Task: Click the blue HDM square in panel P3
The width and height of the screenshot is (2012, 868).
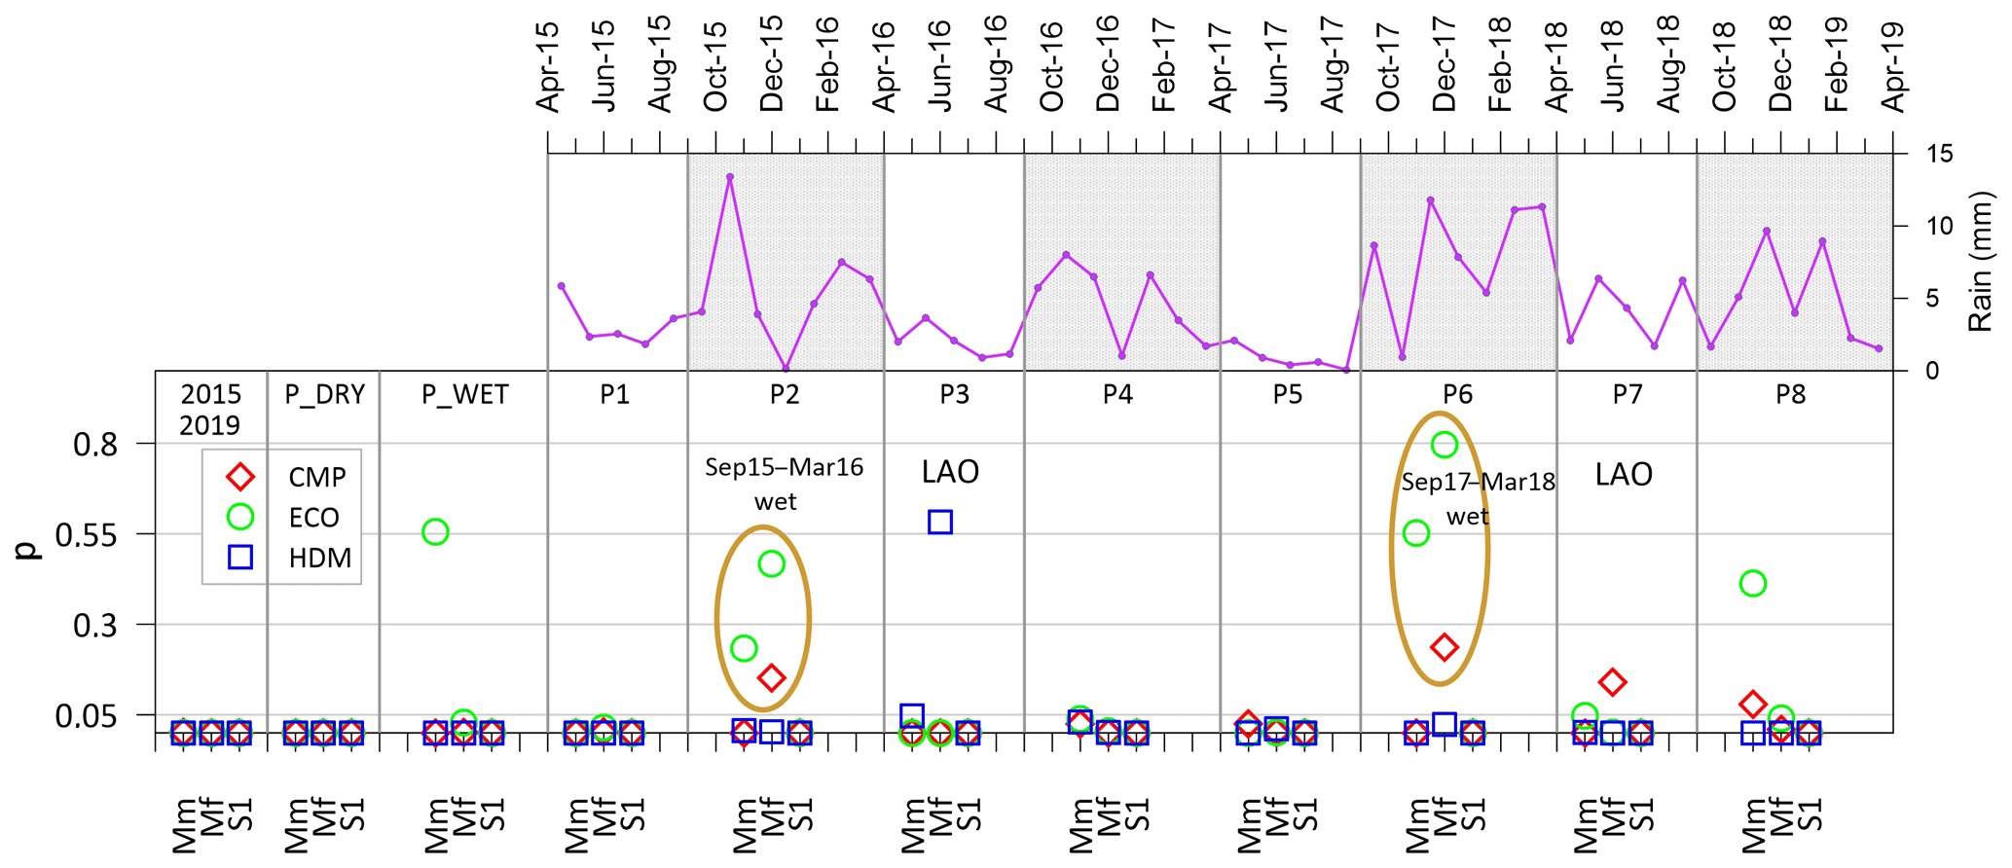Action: (939, 522)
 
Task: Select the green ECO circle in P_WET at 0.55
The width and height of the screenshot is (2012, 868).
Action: (435, 532)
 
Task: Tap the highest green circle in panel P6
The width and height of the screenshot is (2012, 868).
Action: (1445, 445)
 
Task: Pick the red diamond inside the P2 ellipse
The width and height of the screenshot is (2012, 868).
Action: (772, 677)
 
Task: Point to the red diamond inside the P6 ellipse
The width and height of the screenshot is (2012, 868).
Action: (1445, 647)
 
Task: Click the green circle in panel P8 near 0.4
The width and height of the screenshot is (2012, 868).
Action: (1753, 584)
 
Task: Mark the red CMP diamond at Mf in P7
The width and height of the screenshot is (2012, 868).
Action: (1613, 682)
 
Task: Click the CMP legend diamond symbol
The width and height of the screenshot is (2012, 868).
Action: (240, 477)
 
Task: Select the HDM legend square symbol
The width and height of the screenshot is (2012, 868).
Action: (240, 558)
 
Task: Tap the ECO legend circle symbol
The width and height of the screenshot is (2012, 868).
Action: (240, 517)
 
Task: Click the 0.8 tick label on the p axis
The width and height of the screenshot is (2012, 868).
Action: (95, 445)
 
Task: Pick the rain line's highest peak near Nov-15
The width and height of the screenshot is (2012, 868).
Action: (730, 177)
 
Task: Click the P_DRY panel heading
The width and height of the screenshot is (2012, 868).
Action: (324, 395)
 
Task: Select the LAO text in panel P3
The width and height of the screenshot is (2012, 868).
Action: (950, 473)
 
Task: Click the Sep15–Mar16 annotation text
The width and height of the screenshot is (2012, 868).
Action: (784, 468)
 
